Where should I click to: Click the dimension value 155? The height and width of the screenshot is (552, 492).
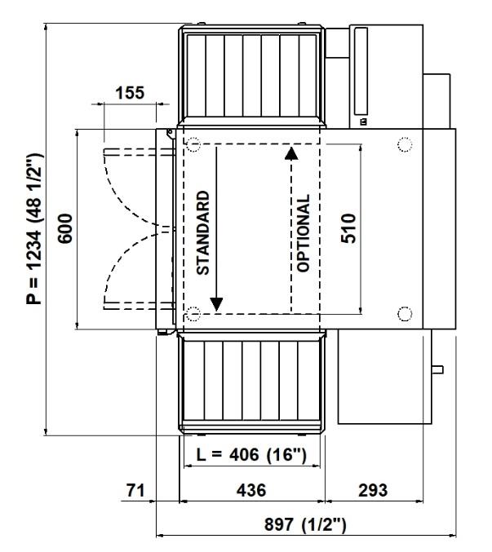pos(130,93)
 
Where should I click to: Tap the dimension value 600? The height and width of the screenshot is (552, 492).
pos(65,228)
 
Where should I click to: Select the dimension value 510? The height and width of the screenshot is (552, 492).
pos(348,228)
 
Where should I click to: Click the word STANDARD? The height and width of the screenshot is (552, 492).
pos(203,232)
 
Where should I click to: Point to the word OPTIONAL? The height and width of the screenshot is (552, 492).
pos(304,233)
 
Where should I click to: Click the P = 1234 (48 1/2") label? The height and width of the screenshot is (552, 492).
pos(34,229)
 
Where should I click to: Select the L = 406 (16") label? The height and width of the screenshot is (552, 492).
pos(251,454)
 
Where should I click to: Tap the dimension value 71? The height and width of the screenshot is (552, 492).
pos(135,490)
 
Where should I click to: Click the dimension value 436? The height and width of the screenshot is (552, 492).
pos(251,490)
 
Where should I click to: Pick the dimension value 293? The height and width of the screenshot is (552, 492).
pos(373,490)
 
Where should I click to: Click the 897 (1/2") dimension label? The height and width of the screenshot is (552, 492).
pos(305,524)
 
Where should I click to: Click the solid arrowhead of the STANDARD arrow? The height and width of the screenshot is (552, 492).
pos(216,304)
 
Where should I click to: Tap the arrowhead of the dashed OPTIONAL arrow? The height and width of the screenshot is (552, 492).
pos(291,153)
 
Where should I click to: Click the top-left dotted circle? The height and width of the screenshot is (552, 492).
pos(193,144)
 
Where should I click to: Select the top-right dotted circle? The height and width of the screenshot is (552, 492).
pos(405,144)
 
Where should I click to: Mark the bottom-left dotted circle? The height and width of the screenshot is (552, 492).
pos(193,314)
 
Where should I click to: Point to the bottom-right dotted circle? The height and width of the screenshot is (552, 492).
pos(405,314)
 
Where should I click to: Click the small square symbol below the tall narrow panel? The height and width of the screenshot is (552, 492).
pos(363,121)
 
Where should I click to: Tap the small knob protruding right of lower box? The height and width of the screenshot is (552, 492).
pos(437,369)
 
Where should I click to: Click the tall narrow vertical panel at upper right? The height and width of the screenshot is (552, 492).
pos(361,71)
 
